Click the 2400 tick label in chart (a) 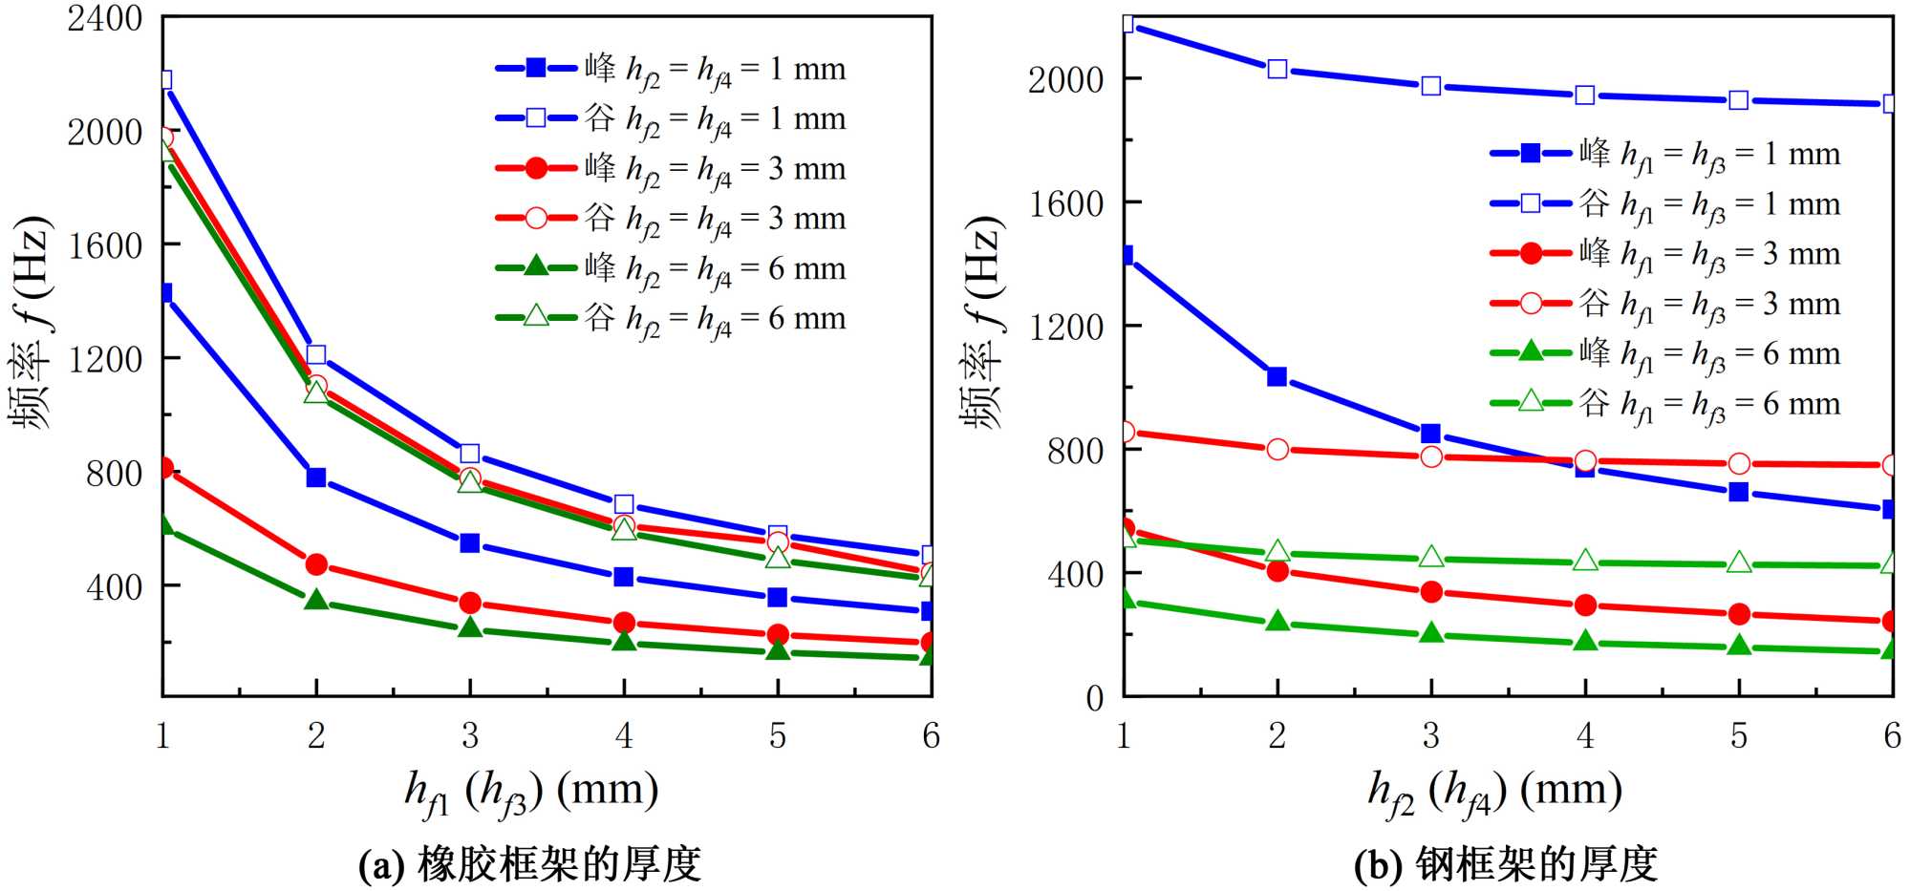point(104,19)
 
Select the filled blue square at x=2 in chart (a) point(316,477)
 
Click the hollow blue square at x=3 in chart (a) point(469,454)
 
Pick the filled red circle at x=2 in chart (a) point(316,564)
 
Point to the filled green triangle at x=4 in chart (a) point(624,641)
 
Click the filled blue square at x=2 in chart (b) point(1277,376)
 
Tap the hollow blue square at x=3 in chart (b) point(1430,86)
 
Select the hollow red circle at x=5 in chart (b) point(1739,463)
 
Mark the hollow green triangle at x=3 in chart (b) point(1430,557)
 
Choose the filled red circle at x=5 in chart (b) point(1739,613)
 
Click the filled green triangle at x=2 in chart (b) point(1277,622)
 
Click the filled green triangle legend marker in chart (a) point(536,266)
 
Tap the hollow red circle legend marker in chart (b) point(1531,304)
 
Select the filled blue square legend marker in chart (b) point(1531,153)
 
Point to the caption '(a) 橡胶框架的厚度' point(529,865)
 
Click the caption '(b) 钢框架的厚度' point(1505,865)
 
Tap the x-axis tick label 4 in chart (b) point(1585,735)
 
